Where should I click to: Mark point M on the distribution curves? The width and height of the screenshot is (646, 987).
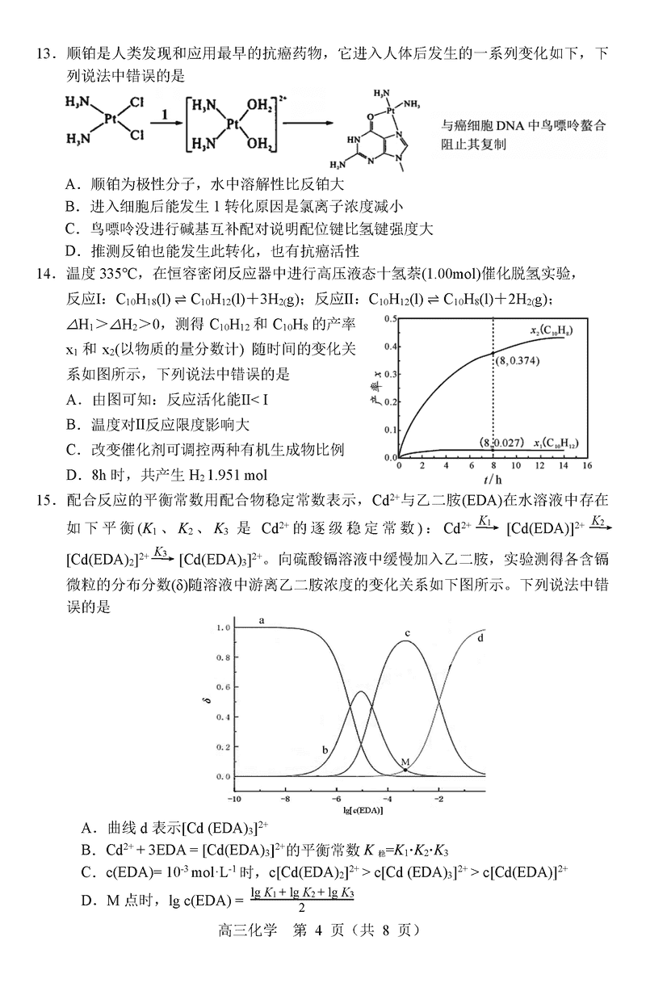point(405,770)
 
